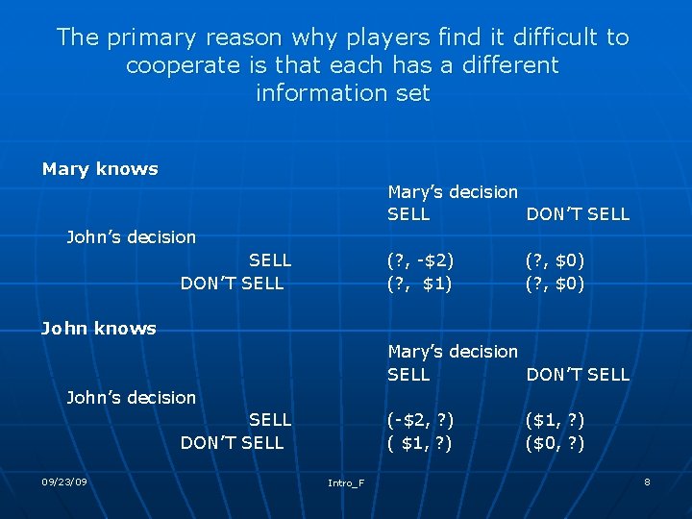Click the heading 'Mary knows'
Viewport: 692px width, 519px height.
pos(100,169)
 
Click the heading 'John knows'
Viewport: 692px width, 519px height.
pos(98,329)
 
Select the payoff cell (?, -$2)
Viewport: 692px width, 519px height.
pos(420,260)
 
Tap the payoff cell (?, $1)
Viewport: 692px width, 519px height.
pos(420,284)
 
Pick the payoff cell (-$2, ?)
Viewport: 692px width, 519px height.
pos(420,420)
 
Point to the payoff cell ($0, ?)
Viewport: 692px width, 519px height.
pos(555,443)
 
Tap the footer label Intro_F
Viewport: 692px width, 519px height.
pos(346,482)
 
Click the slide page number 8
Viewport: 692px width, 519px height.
pos(647,481)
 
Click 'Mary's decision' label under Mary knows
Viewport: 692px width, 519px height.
pos(453,192)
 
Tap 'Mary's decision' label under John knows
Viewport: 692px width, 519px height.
pos(453,352)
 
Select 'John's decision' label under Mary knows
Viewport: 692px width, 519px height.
pos(131,237)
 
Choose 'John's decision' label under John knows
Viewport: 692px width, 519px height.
pos(131,397)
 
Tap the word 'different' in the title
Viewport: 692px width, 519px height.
pos(500,65)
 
